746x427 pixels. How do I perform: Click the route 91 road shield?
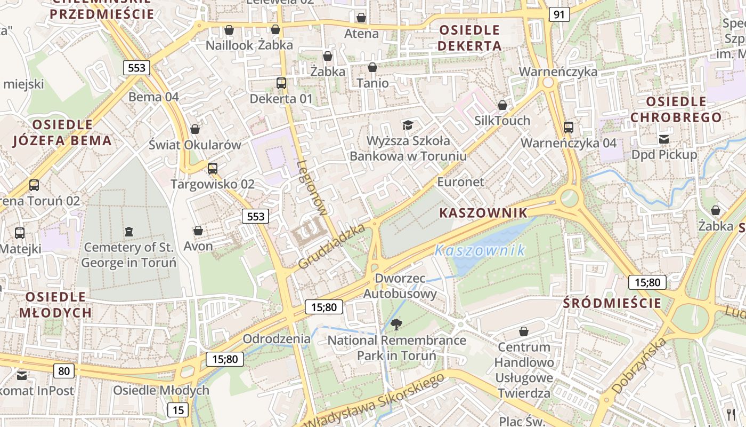(558, 14)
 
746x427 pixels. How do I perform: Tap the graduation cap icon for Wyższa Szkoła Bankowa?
(408, 125)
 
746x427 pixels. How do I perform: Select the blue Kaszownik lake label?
(480, 250)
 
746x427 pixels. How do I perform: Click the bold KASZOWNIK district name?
(483, 213)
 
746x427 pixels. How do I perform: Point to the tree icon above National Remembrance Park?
(396, 324)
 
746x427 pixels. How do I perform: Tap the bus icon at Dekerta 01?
(281, 83)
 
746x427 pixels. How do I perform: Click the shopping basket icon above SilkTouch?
(502, 105)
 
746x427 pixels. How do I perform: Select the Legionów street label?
(312, 188)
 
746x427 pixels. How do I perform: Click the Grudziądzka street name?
(332, 246)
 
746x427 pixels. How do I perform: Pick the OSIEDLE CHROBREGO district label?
(676, 109)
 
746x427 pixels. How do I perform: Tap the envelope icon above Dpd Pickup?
(664, 139)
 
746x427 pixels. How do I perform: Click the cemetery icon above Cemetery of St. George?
(128, 232)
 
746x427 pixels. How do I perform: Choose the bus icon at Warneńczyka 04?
(569, 128)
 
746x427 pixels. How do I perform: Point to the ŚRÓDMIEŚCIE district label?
(612, 304)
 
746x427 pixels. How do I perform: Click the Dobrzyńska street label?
(639, 366)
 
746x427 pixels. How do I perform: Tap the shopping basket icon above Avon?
(198, 231)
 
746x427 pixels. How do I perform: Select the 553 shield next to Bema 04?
(136, 68)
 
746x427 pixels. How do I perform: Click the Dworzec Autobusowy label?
(400, 286)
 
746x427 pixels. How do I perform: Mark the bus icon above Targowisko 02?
(213, 169)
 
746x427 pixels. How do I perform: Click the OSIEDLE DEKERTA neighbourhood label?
(469, 38)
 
